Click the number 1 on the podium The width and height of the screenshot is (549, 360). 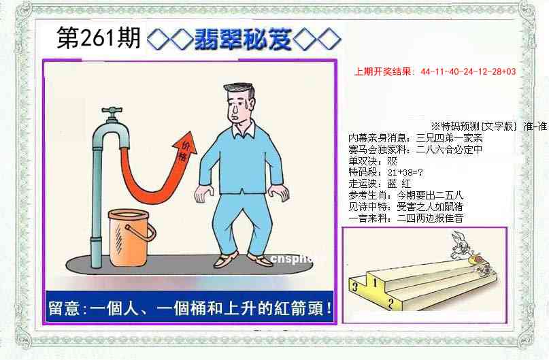[373, 278]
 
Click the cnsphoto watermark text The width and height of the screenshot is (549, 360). [294, 258]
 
